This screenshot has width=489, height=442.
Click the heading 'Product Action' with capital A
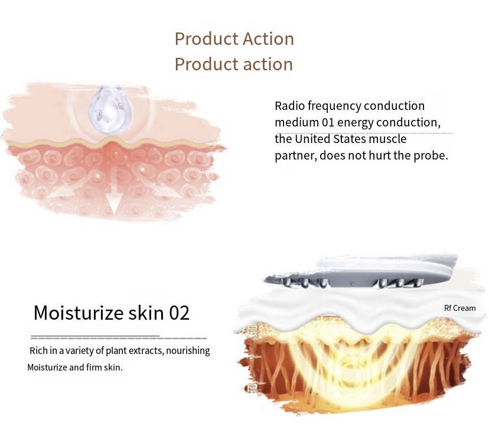(234, 39)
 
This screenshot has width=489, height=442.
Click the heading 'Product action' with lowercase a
(234, 64)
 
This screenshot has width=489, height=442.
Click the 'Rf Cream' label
(459, 308)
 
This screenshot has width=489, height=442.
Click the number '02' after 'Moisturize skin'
(180, 313)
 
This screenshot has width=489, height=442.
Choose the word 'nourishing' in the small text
(188, 351)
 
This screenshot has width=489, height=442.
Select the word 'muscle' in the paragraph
(388, 139)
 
